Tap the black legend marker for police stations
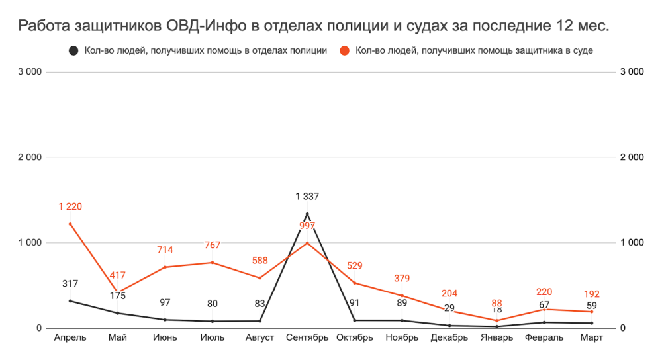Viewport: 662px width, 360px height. [74, 51]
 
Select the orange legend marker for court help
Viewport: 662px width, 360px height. [344, 51]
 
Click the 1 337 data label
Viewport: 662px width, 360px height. [307, 196]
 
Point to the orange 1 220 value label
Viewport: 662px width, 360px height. [70, 206]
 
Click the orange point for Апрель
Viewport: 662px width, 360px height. [70, 224]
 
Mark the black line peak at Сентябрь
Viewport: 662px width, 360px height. [307, 214]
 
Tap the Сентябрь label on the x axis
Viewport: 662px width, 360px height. [307, 338]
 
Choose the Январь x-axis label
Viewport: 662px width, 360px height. [497, 338]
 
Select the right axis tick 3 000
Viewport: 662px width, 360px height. [632, 72]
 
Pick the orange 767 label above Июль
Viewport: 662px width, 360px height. [213, 246]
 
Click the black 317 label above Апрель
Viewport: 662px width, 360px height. [70, 284]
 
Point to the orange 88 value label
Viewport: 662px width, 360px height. [497, 303]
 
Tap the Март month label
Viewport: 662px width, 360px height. [592, 338]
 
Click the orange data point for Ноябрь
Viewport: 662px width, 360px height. [402, 295]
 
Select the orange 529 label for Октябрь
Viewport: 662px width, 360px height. [355, 265]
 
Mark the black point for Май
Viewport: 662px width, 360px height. [118, 313]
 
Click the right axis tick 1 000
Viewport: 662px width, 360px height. [632, 243]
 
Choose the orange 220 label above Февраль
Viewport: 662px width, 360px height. [544, 292]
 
